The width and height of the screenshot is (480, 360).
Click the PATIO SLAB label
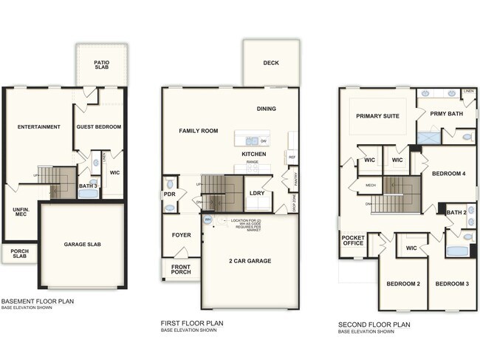coord(102,66)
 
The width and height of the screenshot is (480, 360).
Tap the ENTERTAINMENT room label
coord(39,126)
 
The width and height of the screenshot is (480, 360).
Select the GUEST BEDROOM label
coord(99,126)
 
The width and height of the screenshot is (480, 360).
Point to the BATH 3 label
coord(88,186)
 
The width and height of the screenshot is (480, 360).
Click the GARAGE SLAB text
coord(83,244)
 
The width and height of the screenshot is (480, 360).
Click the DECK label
coord(271,63)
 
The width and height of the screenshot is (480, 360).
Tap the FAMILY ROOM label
coord(199,131)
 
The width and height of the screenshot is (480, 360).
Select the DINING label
coord(267,109)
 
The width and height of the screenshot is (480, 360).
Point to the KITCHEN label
coord(254,154)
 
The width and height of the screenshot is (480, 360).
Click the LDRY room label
coord(257,194)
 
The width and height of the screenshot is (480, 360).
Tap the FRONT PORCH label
coord(181,270)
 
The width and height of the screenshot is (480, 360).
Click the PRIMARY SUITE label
coord(377,116)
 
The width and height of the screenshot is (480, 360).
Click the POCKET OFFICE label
coord(353,241)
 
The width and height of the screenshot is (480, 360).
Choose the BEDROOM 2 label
coord(403,284)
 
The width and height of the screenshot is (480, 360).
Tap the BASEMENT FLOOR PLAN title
coord(37,302)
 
